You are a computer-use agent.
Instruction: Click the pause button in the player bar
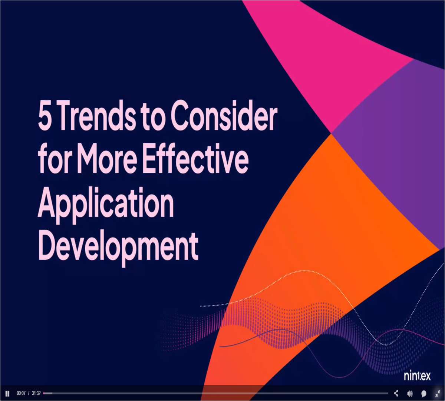(7, 394)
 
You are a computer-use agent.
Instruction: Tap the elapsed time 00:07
(21, 394)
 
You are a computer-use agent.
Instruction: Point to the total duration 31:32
(36, 394)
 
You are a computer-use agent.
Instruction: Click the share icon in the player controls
(396, 394)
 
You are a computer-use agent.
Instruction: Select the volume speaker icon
(410, 394)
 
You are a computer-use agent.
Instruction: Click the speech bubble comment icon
(423, 394)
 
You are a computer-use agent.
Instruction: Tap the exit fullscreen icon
(437, 394)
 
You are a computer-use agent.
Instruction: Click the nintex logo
(417, 376)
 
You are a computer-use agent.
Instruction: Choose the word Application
(106, 205)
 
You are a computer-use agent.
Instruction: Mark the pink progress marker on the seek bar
(44, 394)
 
